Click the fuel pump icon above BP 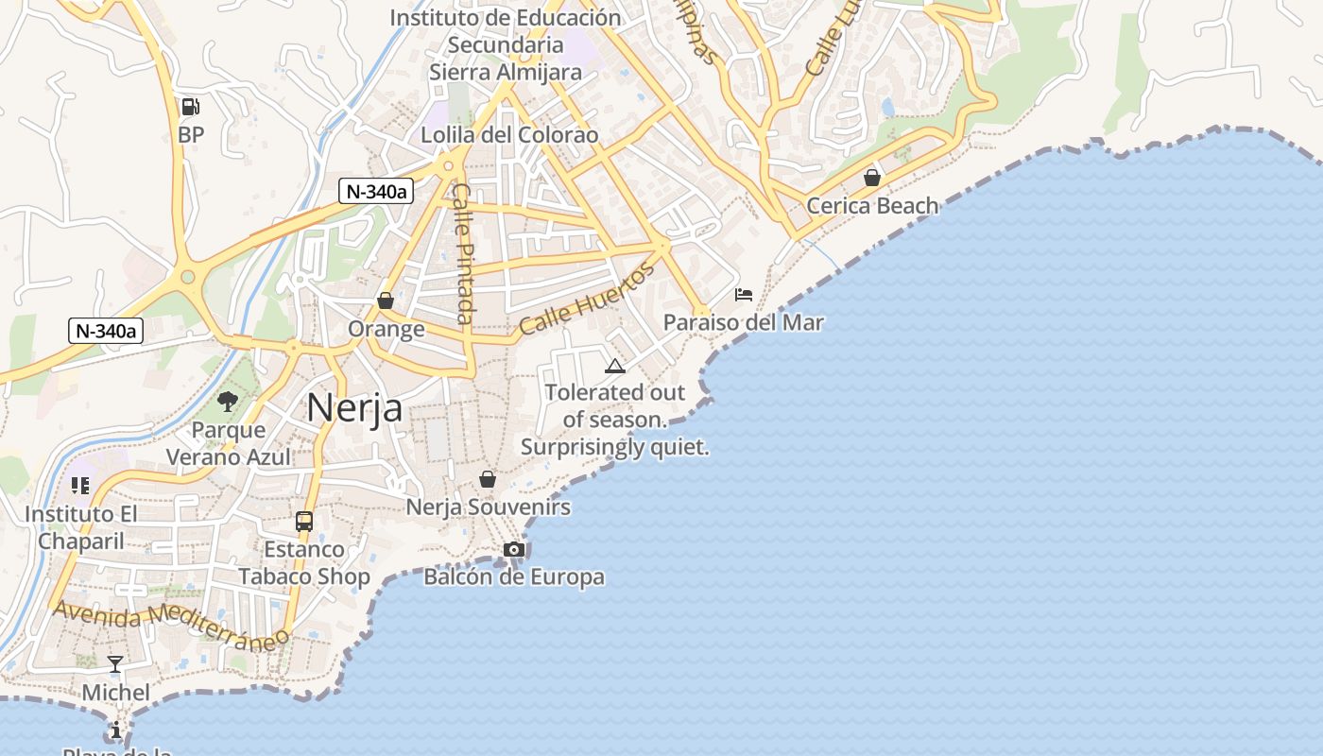coord(190,107)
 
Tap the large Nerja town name coord(354,407)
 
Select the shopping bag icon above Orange coord(386,301)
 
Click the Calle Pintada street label coord(463,252)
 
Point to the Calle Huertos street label coord(586,299)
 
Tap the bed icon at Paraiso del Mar coord(744,295)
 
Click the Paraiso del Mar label coord(743,322)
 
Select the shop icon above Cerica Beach coord(872,177)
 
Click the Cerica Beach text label coord(872,205)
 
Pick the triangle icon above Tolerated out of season coord(615,366)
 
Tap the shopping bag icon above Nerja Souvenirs coord(488,479)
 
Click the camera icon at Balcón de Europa coord(514,549)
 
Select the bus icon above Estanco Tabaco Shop coord(304,521)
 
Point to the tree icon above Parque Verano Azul coord(228,402)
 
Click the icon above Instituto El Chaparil coord(80,486)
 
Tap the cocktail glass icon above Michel coord(115,664)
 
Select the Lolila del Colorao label coord(509,135)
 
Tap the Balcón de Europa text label coord(514,576)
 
